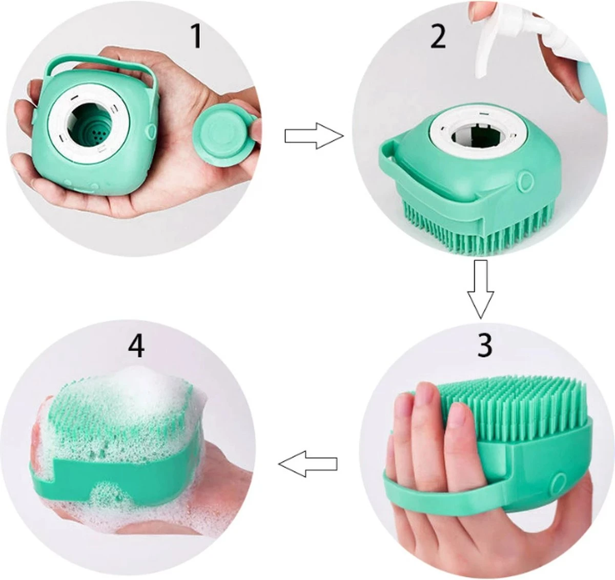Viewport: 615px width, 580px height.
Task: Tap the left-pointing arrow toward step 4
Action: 307,464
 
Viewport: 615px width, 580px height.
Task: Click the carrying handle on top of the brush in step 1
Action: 102,58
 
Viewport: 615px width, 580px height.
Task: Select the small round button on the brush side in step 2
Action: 525,181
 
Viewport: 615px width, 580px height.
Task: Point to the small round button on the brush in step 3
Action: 556,481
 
